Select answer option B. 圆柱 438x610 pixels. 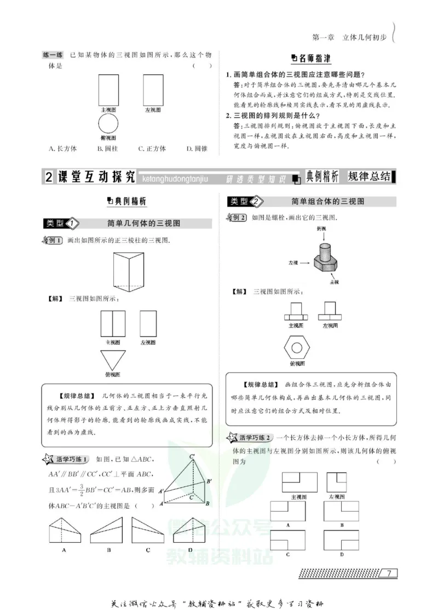point(107,148)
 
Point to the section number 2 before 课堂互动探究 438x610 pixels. point(48,177)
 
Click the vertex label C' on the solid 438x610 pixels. point(193,456)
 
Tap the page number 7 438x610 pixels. point(388,573)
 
